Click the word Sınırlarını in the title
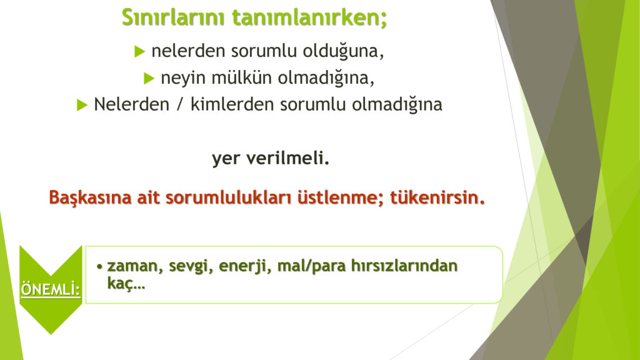coord(173,17)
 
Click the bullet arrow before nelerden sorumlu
coord(139,51)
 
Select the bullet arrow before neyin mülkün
coord(149,78)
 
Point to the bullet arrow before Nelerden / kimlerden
coord(82,105)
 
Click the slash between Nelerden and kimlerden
coord(179,104)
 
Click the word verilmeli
coord(287,158)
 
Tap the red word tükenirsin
coord(437,197)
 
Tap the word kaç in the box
coord(126,283)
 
